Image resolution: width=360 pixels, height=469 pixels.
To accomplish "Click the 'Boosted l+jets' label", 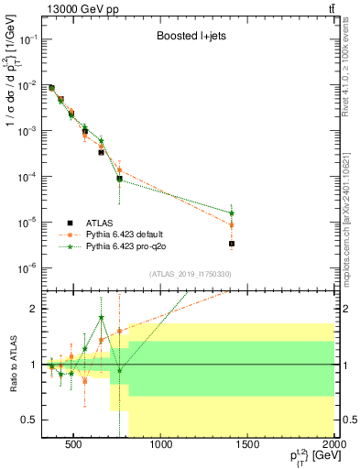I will [x=191, y=38].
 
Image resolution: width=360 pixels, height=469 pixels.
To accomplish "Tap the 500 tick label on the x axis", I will [x=73, y=445].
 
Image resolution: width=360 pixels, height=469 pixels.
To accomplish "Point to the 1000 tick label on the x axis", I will [x=160, y=445].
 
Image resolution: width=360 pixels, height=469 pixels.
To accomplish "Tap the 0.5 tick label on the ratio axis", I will [x=29, y=420].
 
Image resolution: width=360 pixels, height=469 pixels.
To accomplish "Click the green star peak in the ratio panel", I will [x=102, y=318].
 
